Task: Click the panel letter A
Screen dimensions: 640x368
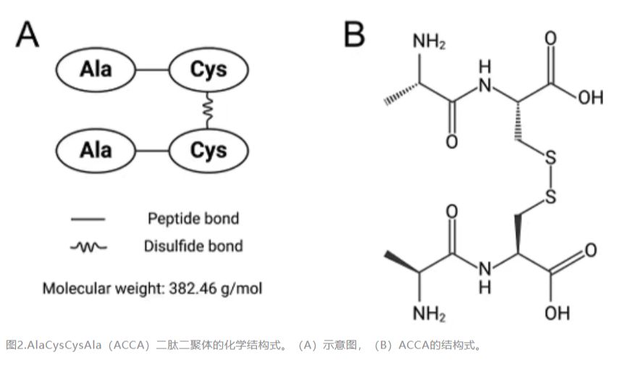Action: [x=28, y=35]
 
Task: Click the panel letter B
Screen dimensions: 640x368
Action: [x=354, y=34]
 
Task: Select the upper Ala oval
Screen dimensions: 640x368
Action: [x=96, y=70]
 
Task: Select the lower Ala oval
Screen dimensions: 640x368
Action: [x=96, y=150]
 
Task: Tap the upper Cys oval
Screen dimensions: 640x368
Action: [x=209, y=70]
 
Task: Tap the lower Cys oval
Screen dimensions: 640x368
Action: [x=209, y=150]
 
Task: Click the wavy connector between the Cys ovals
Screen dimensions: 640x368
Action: [x=209, y=110]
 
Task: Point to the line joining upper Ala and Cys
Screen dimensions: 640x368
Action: [x=152, y=70]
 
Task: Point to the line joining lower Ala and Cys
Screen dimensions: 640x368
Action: [x=152, y=151]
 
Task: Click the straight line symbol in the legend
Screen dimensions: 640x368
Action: [x=88, y=219]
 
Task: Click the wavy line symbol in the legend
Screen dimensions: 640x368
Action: [x=88, y=247]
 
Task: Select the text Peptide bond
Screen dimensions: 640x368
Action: [x=193, y=219]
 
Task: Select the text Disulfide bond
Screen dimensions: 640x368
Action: [x=193, y=246]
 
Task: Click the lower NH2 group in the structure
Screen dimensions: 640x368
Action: [x=429, y=314]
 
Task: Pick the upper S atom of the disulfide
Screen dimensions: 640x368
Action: [x=550, y=158]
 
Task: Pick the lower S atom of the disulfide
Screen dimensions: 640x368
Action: [x=550, y=196]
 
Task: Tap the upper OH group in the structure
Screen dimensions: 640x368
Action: [x=590, y=97]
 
